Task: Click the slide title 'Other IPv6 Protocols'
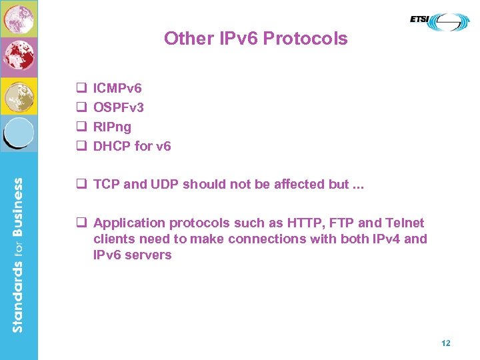(255, 39)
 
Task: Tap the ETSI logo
(439, 21)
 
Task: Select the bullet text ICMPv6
(117, 88)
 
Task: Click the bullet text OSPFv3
(119, 107)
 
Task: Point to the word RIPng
(112, 127)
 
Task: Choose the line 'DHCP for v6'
(132, 146)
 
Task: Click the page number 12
(445, 343)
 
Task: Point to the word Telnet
(404, 223)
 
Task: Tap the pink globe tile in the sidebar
(19, 18)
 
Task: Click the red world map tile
(19, 57)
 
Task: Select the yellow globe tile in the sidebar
(19, 96)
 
